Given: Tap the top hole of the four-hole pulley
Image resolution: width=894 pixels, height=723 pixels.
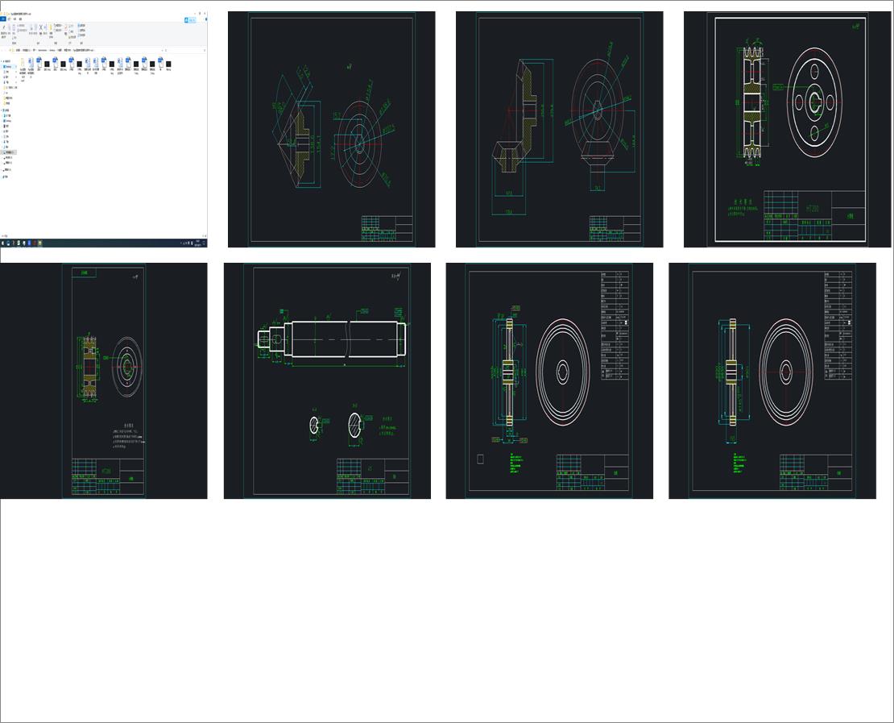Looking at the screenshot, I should point(815,74).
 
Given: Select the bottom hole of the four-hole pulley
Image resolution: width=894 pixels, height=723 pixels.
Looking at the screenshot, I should point(815,131).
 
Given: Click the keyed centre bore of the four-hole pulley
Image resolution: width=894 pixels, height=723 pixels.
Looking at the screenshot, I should point(815,102).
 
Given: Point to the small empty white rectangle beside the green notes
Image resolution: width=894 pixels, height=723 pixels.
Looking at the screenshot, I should point(481,459).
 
